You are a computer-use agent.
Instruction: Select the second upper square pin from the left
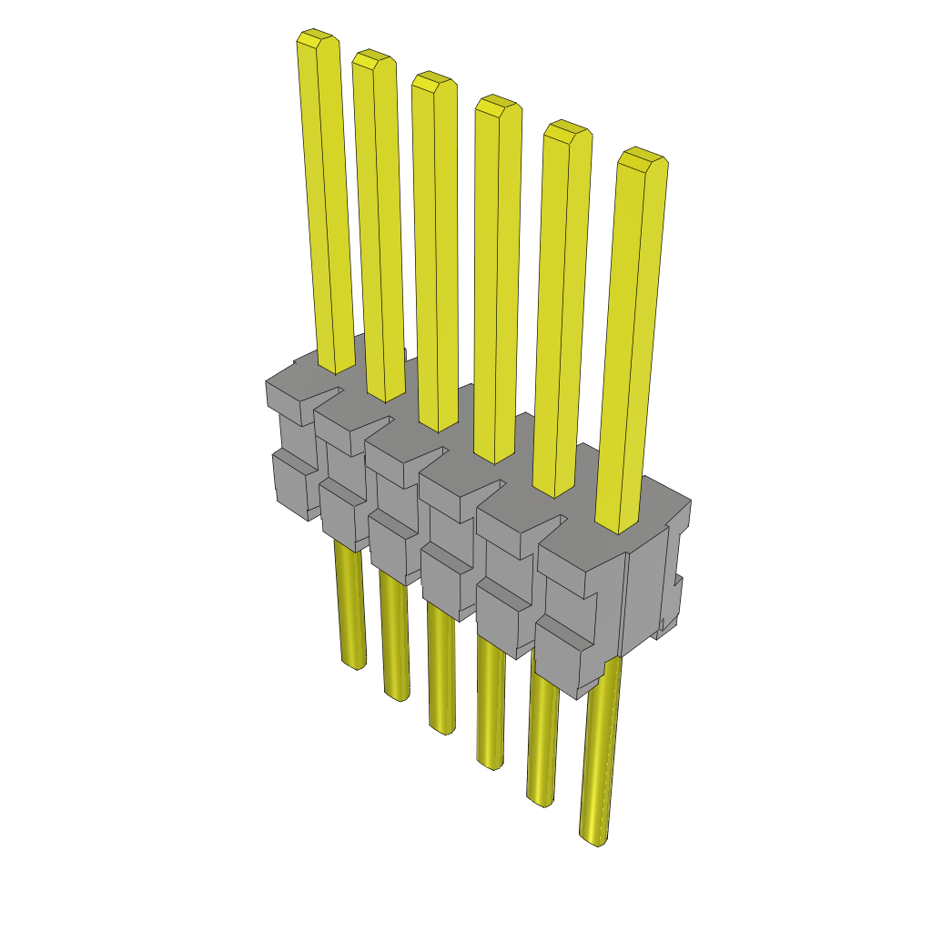coord(378,228)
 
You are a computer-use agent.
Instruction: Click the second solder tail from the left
coord(394,637)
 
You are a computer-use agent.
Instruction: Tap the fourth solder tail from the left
coord(491,701)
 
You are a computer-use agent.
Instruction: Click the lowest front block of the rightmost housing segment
coord(564,655)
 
